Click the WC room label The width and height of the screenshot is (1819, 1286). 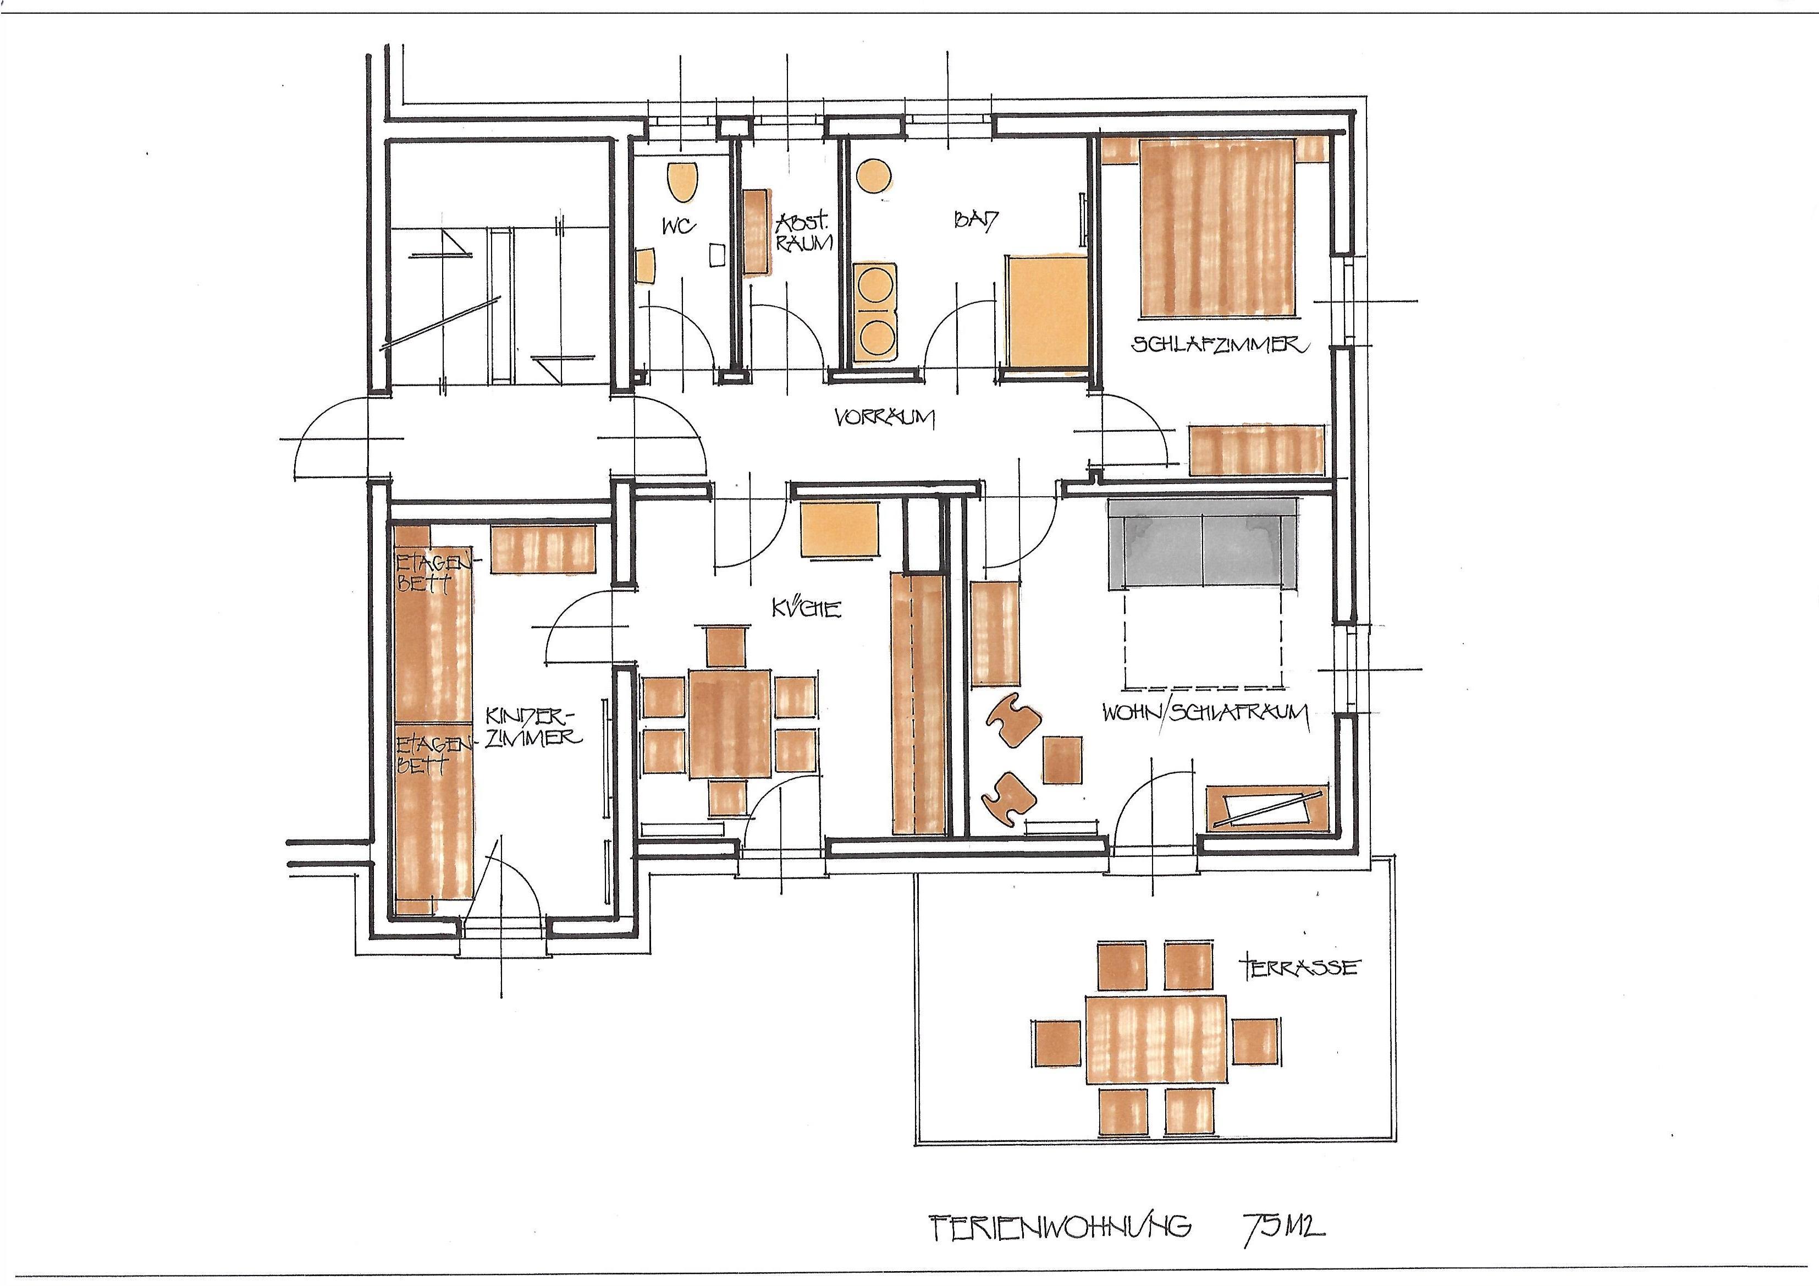(x=679, y=227)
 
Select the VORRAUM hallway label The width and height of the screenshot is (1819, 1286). (x=884, y=417)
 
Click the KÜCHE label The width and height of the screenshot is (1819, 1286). (x=806, y=608)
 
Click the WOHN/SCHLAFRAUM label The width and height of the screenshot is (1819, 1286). (x=1204, y=712)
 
